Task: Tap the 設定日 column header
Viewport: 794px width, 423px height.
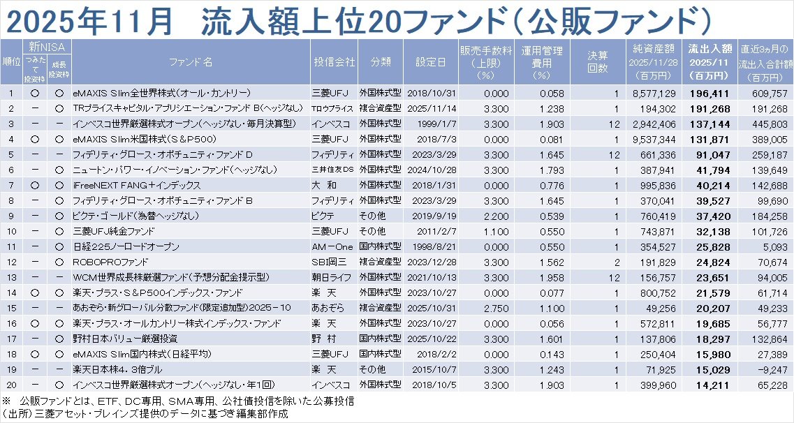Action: pyautogui.click(x=429, y=61)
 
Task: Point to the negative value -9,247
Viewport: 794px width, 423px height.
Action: pyautogui.click(x=771, y=369)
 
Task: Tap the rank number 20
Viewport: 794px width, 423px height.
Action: pyautogui.click(x=11, y=385)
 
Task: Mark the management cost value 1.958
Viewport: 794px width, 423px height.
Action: pyautogui.click(x=537, y=277)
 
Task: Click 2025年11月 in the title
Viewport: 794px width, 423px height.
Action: pyautogui.click(x=89, y=20)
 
